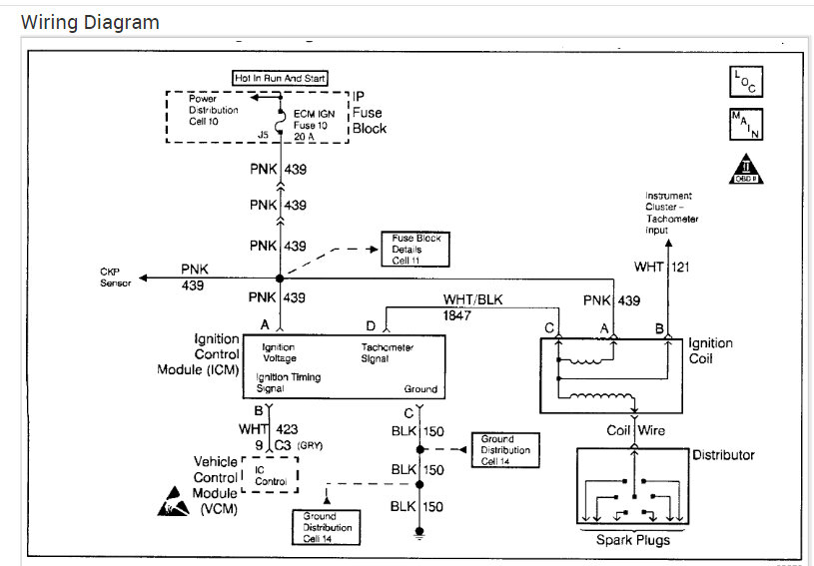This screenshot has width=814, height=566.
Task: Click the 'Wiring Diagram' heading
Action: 90,22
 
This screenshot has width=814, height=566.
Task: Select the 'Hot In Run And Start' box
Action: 280,78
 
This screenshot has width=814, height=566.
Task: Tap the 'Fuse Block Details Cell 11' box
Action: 416,247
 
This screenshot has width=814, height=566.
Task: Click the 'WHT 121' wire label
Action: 662,267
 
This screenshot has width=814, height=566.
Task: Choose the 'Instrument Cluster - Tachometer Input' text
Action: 671,213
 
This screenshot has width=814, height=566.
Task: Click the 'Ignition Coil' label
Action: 710,350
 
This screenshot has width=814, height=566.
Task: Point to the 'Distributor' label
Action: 723,455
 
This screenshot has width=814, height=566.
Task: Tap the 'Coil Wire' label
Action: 633,430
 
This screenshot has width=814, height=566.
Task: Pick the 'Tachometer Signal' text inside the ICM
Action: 388,352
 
